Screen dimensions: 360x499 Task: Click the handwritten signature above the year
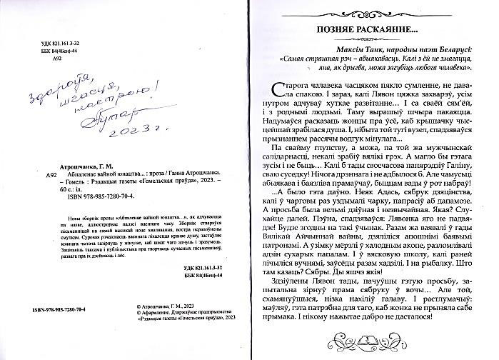pyautogui.click(x=121, y=111)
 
